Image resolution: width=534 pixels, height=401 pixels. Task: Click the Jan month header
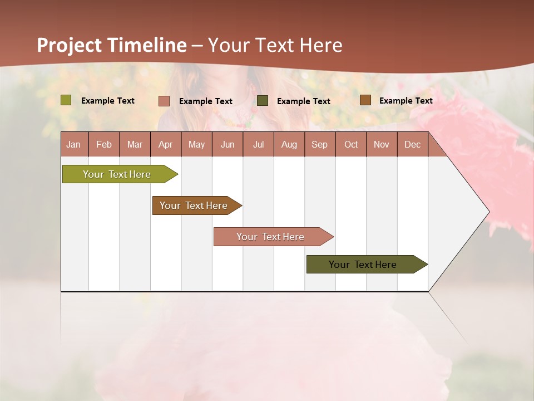[73, 144]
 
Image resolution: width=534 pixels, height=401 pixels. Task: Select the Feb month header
[104, 144]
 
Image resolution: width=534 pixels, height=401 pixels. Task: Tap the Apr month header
[165, 144]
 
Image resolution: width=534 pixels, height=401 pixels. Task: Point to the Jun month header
[228, 144]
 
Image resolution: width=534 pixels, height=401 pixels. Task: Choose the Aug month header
[289, 144]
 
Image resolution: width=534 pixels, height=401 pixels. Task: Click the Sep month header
[319, 144]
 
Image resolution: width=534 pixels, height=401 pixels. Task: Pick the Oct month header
[351, 144]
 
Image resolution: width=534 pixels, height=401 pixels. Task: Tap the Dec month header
[412, 144]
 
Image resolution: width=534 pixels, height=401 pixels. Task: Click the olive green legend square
[66, 100]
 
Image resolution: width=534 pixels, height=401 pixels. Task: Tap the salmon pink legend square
[164, 101]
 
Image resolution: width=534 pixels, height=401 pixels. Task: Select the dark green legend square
[263, 101]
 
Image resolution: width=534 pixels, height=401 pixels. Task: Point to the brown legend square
[365, 100]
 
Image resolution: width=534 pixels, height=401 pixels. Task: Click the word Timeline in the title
[147, 45]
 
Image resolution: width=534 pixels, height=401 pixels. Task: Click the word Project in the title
[70, 45]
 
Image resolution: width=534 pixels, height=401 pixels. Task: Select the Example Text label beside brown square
[406, 101]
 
